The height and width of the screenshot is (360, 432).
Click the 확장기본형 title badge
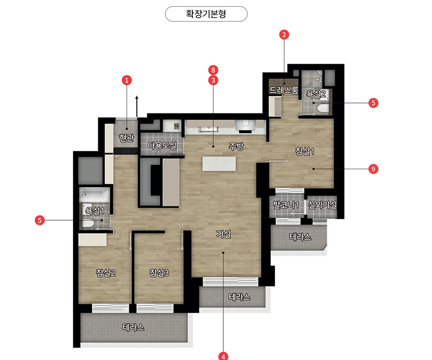(206, 14)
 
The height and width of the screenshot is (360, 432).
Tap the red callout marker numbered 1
(127, 80)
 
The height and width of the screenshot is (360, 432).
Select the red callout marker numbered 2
(284, 35)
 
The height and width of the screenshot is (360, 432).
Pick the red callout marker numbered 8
(213, 70)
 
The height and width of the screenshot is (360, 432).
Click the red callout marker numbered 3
(213, 80)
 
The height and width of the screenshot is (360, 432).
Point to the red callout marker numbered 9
(373, 169)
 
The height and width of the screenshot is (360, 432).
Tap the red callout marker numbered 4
(223, 356)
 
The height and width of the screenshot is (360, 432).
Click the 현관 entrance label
(127, 138)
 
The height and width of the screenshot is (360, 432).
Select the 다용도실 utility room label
(162, 146)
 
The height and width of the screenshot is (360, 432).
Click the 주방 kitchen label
(236, 146)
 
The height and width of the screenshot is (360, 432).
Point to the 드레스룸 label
(284, 90)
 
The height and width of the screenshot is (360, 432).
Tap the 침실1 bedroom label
(305, 151)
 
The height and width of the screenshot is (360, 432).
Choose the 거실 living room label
(223, 234)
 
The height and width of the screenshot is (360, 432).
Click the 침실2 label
(106, 273)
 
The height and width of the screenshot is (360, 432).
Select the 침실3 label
(159, 273)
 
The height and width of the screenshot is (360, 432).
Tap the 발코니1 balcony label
(286, 204)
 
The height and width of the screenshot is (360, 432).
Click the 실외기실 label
(322, 204)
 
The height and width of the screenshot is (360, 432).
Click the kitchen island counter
(219, 163)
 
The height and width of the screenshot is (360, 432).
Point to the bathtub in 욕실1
(95, 194)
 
